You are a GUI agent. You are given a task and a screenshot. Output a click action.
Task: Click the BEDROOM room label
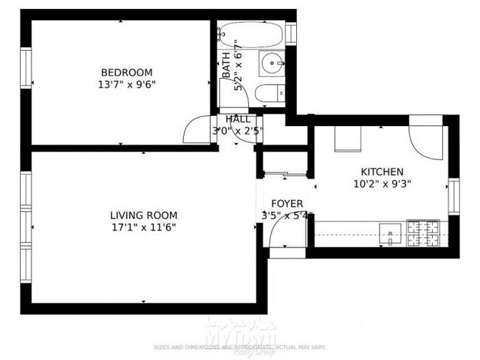(x=126, y=72)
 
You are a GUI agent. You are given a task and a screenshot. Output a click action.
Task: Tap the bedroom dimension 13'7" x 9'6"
(x=126, y=84)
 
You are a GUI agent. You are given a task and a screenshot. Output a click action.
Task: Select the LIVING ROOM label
(x=144, y=215)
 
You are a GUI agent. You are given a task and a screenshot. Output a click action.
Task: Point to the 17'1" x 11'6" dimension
(x=144, y=228)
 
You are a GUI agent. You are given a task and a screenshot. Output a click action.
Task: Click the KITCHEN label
(x=382, y=171)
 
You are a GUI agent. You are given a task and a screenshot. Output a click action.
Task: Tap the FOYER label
(x=287, y=204)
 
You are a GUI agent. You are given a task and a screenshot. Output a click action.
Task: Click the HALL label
(x=238, y=119)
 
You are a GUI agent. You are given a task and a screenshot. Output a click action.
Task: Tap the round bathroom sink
(x=275, y=64)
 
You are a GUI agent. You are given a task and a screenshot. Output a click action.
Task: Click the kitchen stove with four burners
(x=424, y=233)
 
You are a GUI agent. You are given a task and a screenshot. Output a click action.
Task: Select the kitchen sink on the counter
(x=389, y=233)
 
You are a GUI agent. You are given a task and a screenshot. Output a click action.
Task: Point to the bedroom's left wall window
(x=26, y=67)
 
